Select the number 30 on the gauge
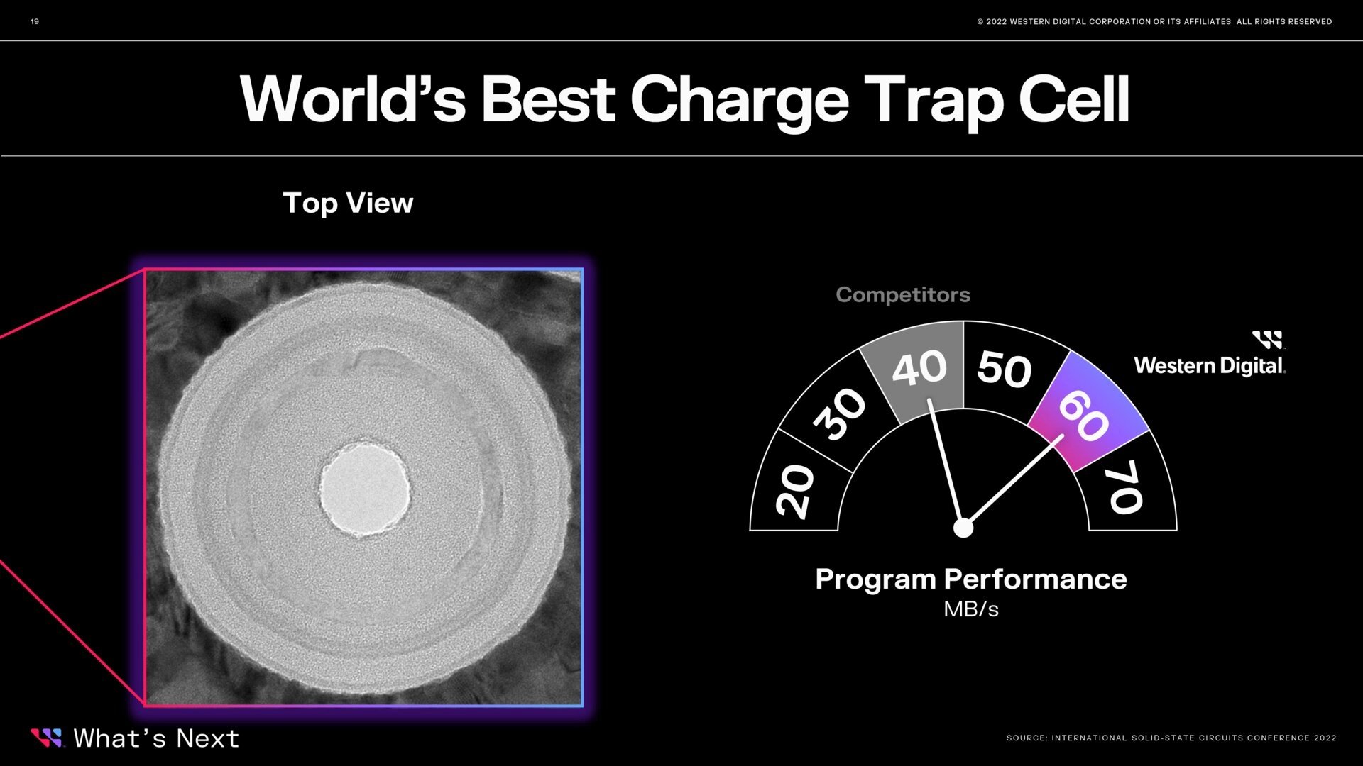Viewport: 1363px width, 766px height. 840,414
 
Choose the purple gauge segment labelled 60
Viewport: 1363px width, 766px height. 1087,411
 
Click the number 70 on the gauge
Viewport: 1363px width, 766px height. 1127,487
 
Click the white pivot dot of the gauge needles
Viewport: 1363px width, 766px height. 963,528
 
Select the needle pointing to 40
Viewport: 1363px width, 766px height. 946,463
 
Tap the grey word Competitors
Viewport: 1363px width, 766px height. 903,294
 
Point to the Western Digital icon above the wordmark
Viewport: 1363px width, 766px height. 1267,340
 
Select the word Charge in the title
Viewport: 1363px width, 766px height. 739,101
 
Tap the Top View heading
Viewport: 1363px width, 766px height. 348,204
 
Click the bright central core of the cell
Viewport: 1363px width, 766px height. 365,488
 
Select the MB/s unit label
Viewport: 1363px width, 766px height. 970,609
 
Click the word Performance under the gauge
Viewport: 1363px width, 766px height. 1035,580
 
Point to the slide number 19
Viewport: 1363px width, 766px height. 35,21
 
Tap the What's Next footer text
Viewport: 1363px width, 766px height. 156,738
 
